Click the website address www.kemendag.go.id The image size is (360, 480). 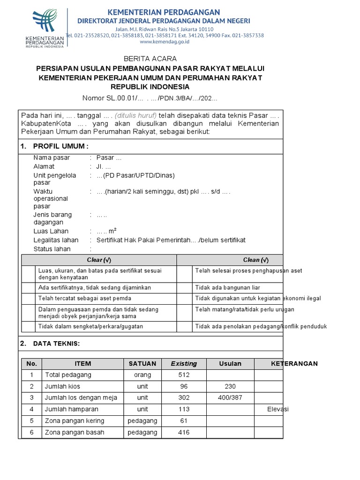(x=165, y=42)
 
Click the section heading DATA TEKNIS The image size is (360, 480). (x=57, y=344)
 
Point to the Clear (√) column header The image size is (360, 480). (x=99, y=260)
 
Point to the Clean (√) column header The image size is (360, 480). (x=255, y=260)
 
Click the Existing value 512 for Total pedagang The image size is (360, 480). (x=184, y=375)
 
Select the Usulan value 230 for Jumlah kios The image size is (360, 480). (x=230, y=386)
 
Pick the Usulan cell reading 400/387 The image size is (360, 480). (x=230, y=397)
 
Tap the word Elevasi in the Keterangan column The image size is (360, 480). (x=278, y=409)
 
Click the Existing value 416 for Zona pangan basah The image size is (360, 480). (x=184, y=432)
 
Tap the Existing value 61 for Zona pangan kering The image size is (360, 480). (x=184, y=420)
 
